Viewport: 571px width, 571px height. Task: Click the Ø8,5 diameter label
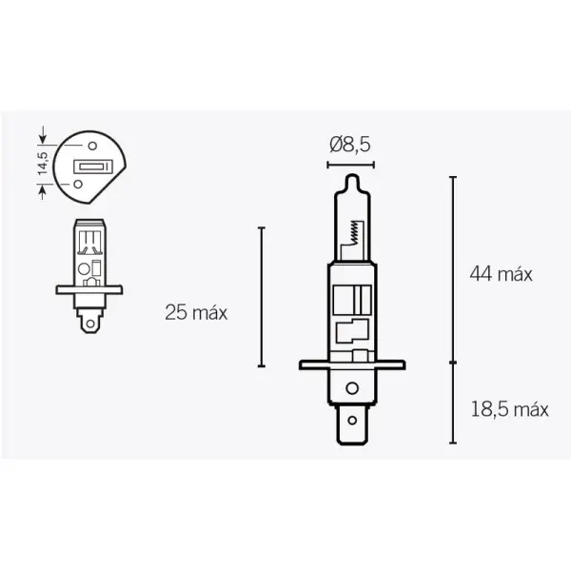coord(348,144)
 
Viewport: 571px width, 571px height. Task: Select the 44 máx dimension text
coord(500,273)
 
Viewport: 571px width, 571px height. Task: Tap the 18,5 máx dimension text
coord(510,410)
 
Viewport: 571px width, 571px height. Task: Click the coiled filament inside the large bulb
coord(355,229)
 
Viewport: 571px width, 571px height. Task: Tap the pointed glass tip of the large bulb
coord(348,178)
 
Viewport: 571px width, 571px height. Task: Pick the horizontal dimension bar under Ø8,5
coord(348,164)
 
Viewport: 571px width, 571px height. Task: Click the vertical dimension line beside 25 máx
coord(261,297)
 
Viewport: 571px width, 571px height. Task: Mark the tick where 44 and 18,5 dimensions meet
coord(452,363)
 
